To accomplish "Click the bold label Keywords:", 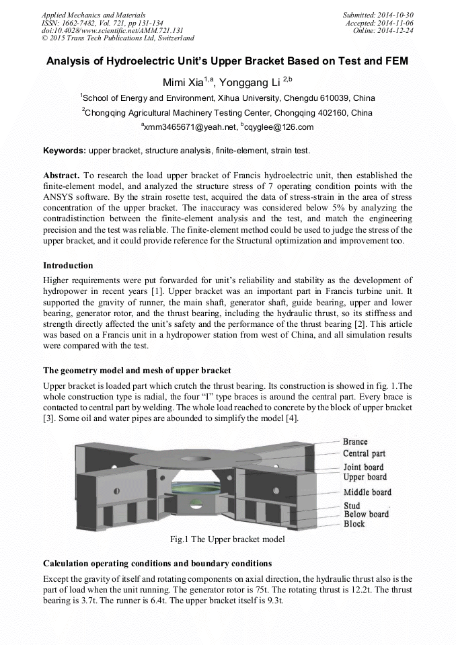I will point(65,150).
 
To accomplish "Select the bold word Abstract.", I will point(61,174).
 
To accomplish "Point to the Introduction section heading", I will point(68,266).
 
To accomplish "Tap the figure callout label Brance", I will point(355,442).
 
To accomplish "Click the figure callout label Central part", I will point(364,454).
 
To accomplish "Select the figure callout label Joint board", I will point(363,467).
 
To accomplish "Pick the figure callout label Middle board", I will point(367,492).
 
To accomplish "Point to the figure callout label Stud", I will point(352,506).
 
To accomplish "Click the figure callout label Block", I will point(354,523).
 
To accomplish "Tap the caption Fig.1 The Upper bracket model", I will point(228,539).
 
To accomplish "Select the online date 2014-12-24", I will point(397,30).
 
